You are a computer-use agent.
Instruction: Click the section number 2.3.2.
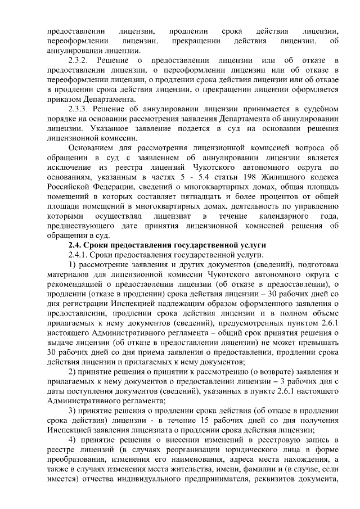[x=77, y=59]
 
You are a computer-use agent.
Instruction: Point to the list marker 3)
[x=72, y=412]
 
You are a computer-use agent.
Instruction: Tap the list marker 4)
[x=72, y=441]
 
